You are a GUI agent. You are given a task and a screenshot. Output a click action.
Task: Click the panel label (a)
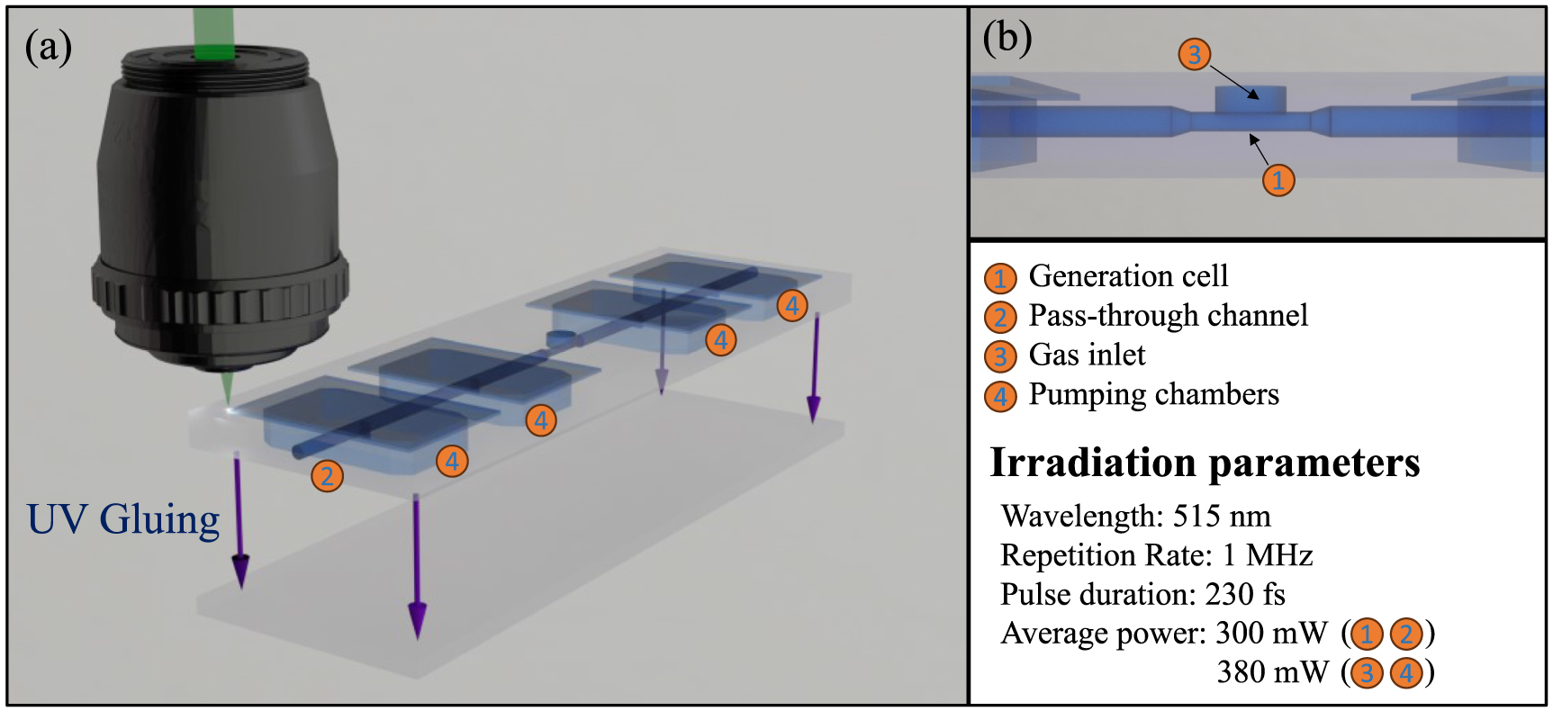pyautogui.click(x=48, y=47)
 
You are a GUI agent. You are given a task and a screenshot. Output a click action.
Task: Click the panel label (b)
pyautogui.click(x=1007, y=38)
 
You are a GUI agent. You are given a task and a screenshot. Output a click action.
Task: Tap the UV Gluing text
pyautogui.click(x=123, y=519)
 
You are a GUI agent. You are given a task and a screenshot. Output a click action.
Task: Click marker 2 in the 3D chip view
pyautogui.click(x=327, y=476)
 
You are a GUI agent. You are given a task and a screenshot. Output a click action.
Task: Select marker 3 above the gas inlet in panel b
pyautogui.click(x=1194, y=54)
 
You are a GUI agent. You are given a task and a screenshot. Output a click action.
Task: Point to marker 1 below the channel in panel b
pyautogui.click(x=1278, y=180)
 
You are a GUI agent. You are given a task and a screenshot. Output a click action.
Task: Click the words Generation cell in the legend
pyautogui.click(x=1128, y=275)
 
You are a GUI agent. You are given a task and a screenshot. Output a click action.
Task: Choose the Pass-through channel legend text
pyautogui.click(x=1168, y=315)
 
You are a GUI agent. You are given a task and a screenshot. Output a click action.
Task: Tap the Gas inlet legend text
pyautogui.click(x=1087, y=355)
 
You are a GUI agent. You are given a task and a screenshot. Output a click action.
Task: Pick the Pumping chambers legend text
pyautogui.click(x=1153, y=394)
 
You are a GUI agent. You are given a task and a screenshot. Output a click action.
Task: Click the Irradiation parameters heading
pyautogui.click(x=1205, y=463)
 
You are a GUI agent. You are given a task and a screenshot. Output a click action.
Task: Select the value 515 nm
pyautogui.click(x=1222, y=516)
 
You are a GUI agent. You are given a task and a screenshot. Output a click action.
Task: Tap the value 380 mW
pyautogui.click(x=1272, y=672)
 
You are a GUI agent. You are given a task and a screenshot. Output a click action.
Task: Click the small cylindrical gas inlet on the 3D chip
pyautogui.click(x=559, y=338)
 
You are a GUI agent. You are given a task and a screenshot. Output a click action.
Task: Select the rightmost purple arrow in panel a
pyautogui.click(x=814, y=369)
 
